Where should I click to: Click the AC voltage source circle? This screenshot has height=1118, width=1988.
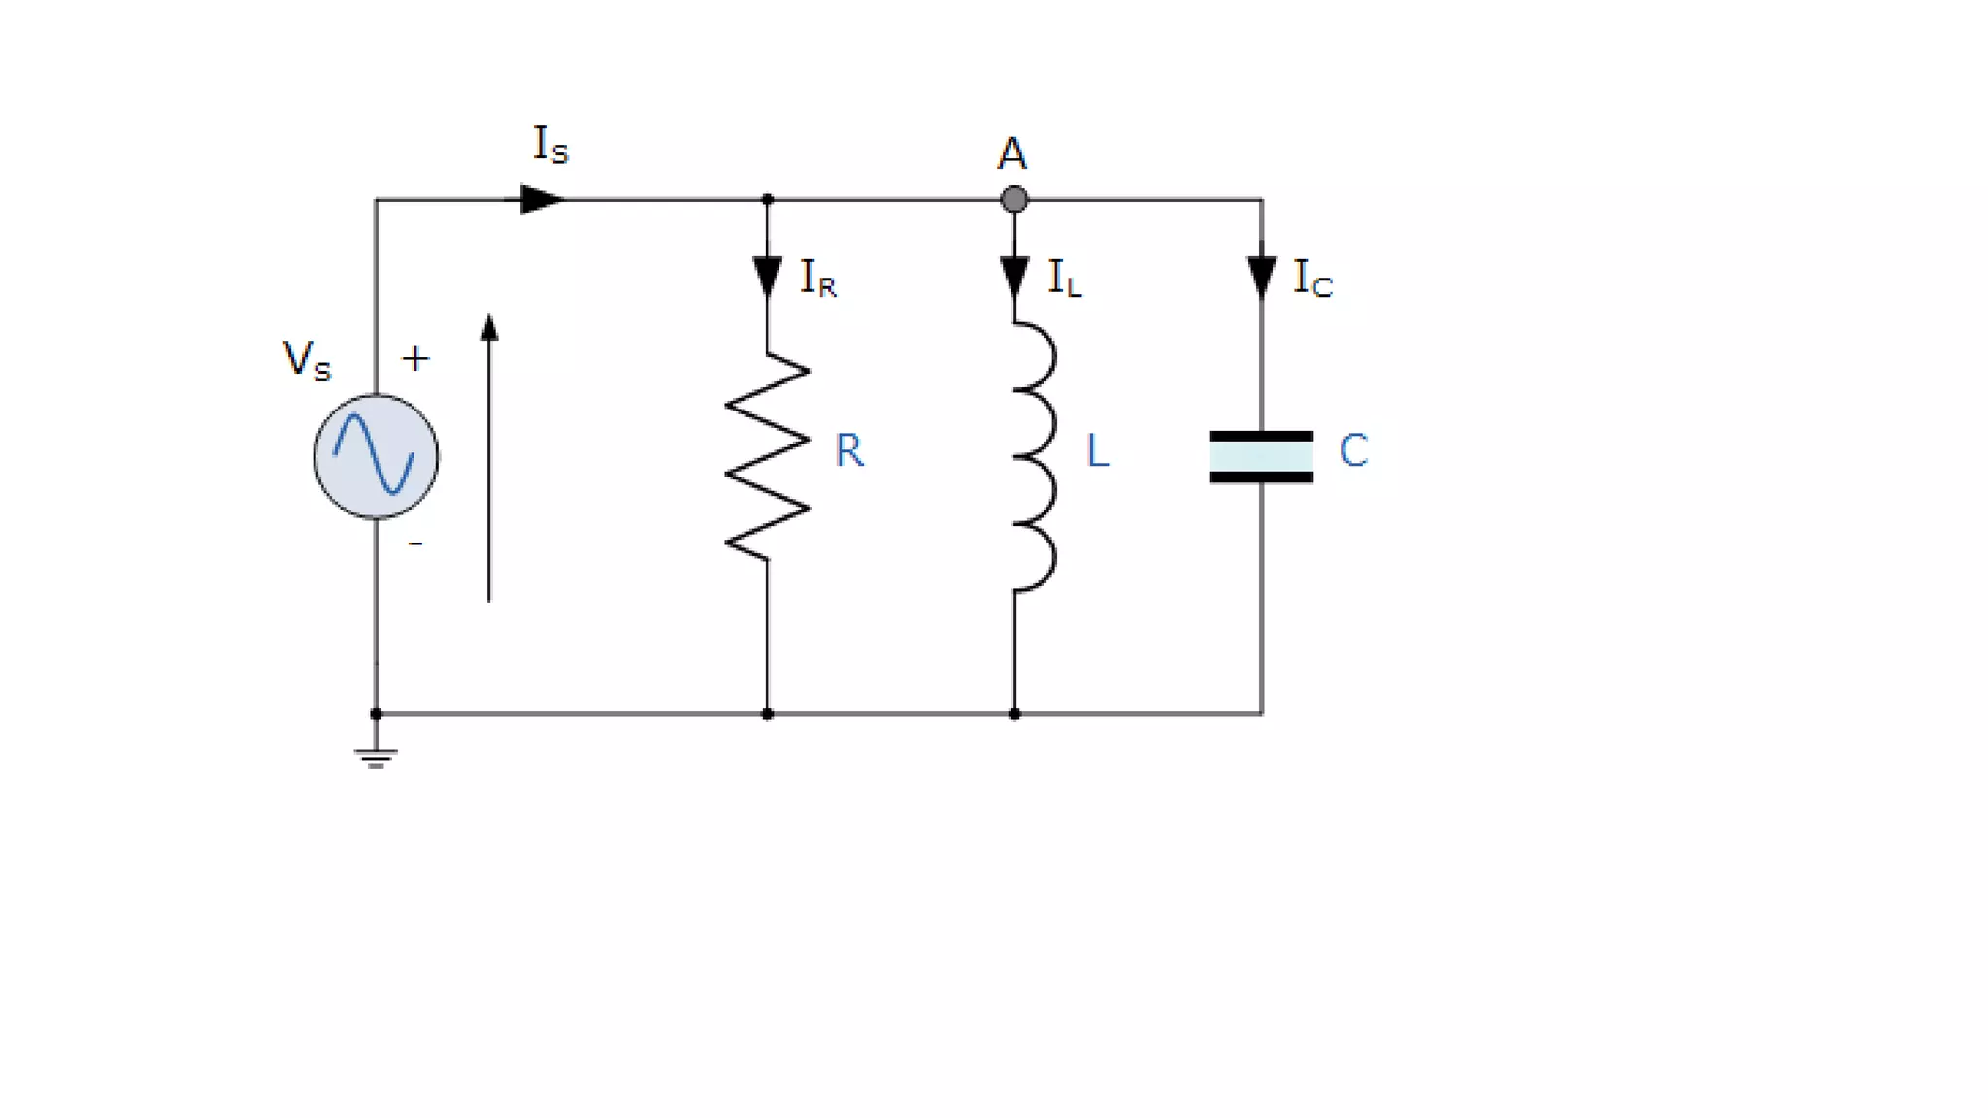(376, 456)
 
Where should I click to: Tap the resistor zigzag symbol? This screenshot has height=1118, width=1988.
(767, 456)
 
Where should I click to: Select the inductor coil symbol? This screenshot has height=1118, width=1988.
(1034, 456)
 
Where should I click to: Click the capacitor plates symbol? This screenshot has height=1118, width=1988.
(1261, 456)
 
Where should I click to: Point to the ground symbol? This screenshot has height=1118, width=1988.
(376, 757)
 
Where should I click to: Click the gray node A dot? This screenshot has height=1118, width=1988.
(1013, 199)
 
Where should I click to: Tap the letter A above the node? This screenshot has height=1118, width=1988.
(1011, 153)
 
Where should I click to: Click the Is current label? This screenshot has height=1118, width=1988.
(550, 145)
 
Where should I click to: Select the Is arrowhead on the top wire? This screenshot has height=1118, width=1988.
(541, 199)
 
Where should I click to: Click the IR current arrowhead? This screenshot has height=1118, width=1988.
(767, 277)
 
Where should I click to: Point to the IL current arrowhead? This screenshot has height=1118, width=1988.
(1014, 277)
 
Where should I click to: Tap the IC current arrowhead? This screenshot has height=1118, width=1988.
(1261, 277)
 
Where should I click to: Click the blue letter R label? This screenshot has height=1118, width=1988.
(849, 450)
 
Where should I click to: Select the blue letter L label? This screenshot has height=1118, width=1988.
(1097, 450)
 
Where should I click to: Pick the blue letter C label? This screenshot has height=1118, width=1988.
(1353, 450)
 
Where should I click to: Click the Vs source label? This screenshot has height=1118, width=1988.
(307, 360)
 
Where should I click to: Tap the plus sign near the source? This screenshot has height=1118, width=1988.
(415, 359)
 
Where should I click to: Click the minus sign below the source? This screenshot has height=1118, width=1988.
(415, 544)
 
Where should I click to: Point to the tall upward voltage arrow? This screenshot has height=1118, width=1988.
(489, 456)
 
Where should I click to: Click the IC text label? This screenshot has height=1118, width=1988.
(1312, 279)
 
